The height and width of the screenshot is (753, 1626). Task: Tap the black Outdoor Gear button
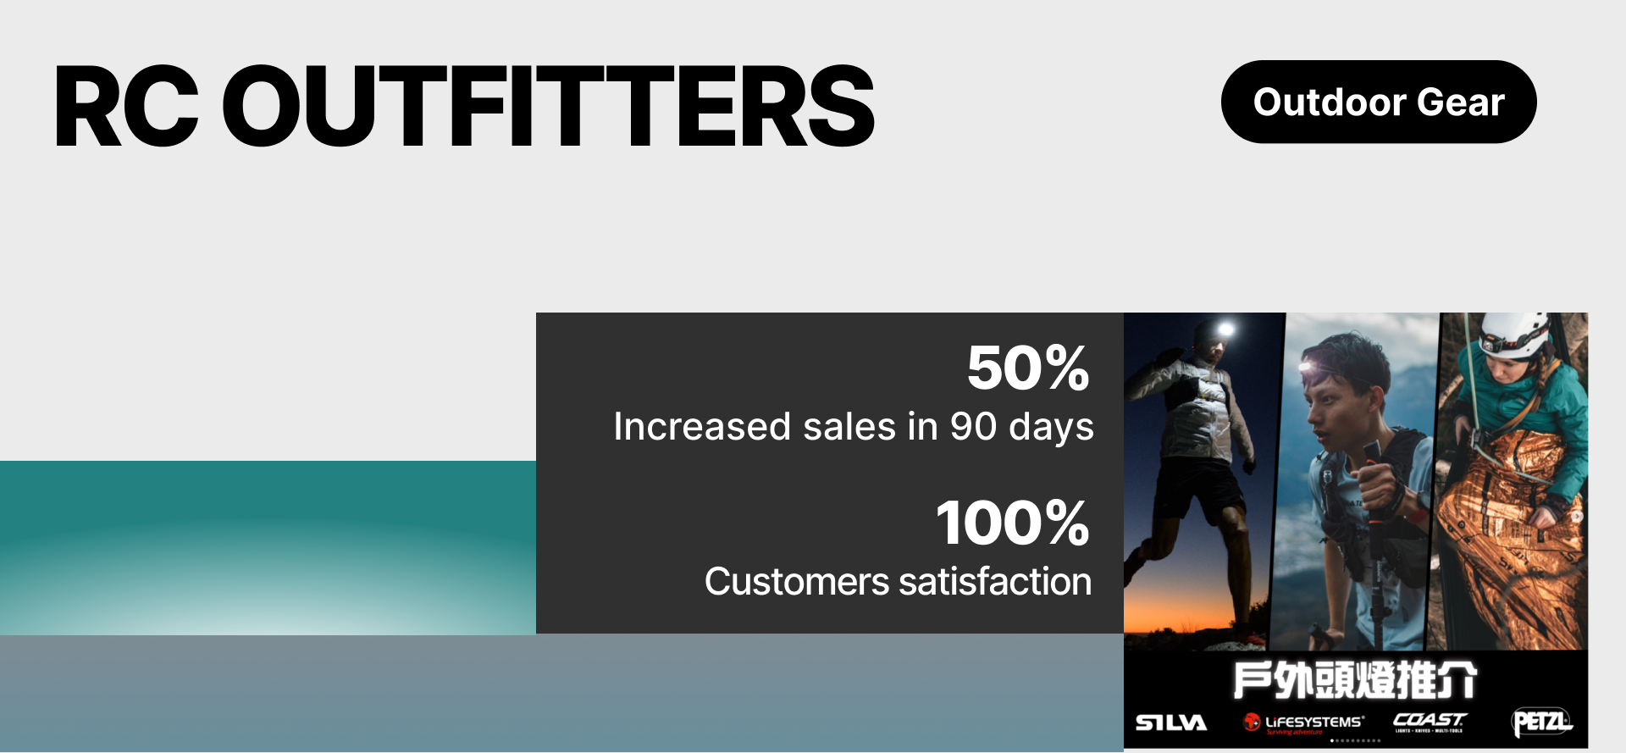pos(1378,102)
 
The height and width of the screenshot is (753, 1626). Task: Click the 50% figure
pos(1028,368)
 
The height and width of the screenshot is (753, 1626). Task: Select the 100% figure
pos(1013,523)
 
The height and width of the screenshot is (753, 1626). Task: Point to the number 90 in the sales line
pos(973,426)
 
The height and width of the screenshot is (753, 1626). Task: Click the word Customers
pos(796,582)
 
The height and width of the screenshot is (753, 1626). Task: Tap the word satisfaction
pos(995,582)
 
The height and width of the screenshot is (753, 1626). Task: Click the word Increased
pos(702,426)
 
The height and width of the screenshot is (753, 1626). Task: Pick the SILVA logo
pos(1170,723)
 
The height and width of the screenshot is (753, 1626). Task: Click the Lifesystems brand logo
pos(1304,723)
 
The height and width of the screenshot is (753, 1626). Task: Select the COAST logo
pos(1430,721)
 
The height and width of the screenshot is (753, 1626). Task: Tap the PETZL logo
pos(1541,722)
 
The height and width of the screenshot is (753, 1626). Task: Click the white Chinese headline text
pos(1355,680)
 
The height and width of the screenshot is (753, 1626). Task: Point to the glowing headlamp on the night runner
pos(1225,329)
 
